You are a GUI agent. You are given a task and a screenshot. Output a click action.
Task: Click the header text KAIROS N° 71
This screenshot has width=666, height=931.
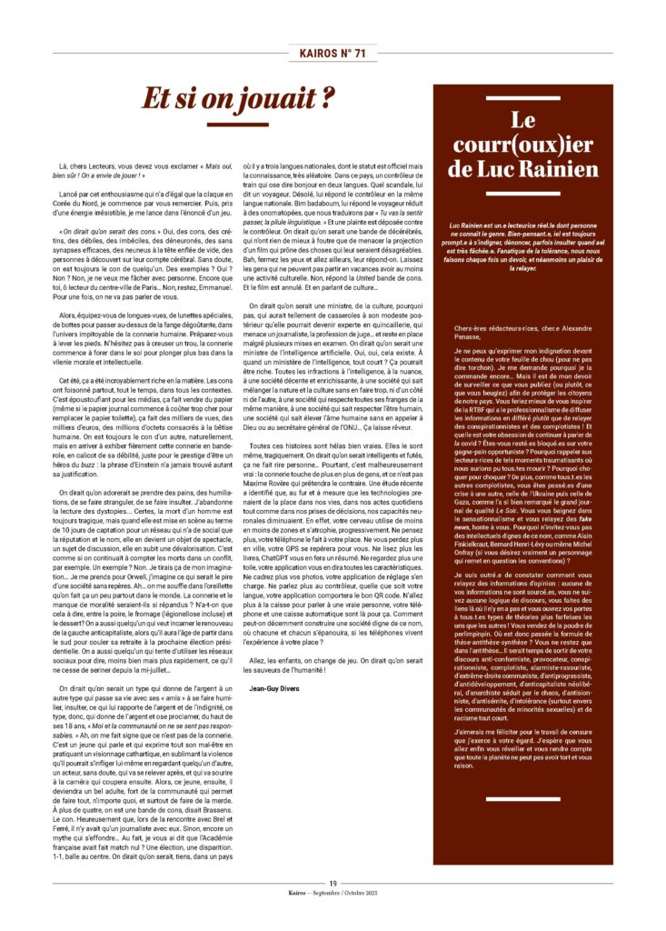pyautogui.click(x=333, y=54)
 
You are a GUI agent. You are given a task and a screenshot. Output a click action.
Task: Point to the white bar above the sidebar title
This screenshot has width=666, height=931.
pyautogui.click(x=522, y=97)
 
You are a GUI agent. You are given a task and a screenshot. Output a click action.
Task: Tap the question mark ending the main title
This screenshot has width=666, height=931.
pyautogui.click(x=328, y=95)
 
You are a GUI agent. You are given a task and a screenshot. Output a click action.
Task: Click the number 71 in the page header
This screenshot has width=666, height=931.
pyautogui.click(x=360, y=54)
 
